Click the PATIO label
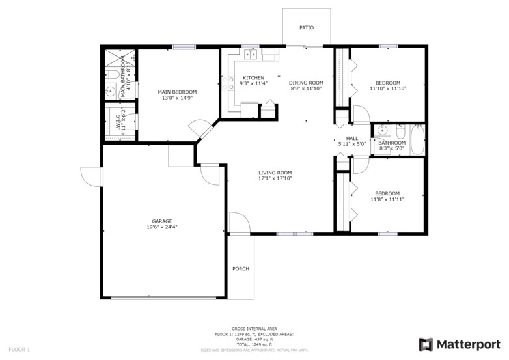[306, 28]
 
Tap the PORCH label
[241, 268]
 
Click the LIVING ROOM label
[275, 173]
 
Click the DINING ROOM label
[306, 83]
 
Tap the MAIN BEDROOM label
[177, 92]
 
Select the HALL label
[352, 138]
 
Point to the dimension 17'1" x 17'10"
[275, 178]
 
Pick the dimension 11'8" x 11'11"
[387, 199]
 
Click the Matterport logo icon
[426, 344]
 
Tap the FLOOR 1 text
[20, 350]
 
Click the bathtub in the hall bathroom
[417, 139]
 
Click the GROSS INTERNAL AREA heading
[254, 329]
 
